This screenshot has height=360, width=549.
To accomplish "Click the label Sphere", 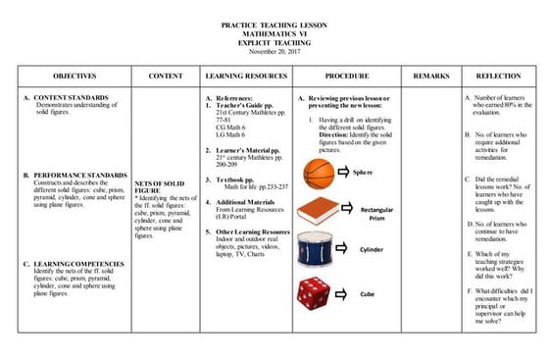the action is click(x=364, y=173).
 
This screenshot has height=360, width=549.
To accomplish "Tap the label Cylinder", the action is click(x=373, y=250).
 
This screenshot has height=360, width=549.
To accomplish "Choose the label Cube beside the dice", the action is click(x=367, y=293).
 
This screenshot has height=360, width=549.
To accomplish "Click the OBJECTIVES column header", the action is click(x=75, y=75).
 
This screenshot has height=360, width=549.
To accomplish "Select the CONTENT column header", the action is click(x=165, y=75).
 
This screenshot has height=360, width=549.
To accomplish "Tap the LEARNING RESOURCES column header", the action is click(x=245, y=75).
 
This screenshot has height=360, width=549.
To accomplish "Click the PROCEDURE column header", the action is click(x=347, y=75).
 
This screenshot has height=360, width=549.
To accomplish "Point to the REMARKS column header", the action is click(x=430, y=75).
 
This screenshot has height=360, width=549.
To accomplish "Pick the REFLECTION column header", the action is click(x=497, y=75).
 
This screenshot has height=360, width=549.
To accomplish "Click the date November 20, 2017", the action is click(x=274, y=52).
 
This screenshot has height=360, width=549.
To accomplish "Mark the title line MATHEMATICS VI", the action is click(x=274, y=33).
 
